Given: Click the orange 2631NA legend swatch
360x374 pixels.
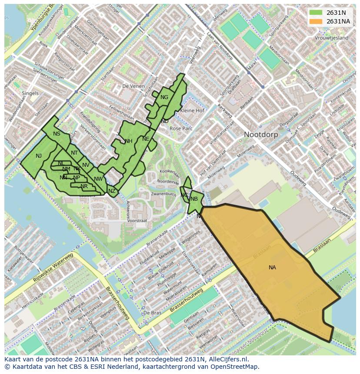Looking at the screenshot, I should click(x=316, y=21).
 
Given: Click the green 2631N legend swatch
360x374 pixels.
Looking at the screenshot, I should click(x=316, y=13).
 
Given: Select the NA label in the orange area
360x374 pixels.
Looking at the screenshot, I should click(x=272, y=268).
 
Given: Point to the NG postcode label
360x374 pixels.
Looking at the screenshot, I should click(x=164, y=97).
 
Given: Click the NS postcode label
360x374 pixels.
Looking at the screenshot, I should click(x=57, y=134).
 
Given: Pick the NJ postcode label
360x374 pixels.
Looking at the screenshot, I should click(x=39, y=156).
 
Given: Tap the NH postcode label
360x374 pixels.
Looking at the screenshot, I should click(x=128, y=141).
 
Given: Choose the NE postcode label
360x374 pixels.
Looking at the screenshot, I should click(x=146, y=139).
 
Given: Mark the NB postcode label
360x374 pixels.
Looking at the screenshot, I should click(x=194, y=199).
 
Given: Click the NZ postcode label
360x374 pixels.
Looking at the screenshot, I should click(x=112, y=191).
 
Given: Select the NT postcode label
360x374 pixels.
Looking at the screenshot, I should click(x=74, y=153).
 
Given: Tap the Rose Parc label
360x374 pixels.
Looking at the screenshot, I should click(x=181, y=129).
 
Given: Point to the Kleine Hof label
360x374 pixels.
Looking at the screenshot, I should click(x=192, y=111).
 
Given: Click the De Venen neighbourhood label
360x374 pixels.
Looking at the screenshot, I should click(x=133, y=86).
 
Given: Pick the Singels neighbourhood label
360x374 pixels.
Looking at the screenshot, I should click(x=30, y=93).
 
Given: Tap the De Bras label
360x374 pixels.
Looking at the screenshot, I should click(x=152, y=313).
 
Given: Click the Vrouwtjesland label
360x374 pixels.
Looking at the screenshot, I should click(x=331, y=38).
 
